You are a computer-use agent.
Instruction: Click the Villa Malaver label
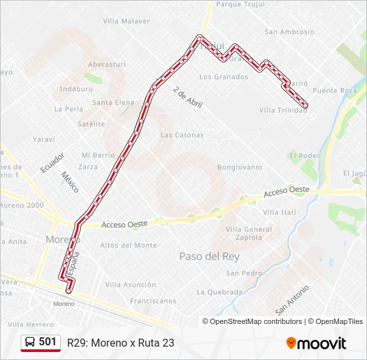(126, 21)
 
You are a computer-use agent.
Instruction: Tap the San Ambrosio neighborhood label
(289, 31)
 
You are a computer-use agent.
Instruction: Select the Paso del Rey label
(209, 256)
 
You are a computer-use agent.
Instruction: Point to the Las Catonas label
(182, 135)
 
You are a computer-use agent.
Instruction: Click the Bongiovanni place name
(240, 167)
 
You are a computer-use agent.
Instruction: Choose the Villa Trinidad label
(283, 110)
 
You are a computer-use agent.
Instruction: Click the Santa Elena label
(113, 103)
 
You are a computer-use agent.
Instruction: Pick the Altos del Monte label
(128, 245)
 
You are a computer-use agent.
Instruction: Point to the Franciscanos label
(153, 301)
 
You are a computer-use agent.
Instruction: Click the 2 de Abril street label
(188, 97)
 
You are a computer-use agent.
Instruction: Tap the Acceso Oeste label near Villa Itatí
(286, 191)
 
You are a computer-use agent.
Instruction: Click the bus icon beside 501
(30, 342)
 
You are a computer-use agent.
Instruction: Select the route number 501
(47, 342)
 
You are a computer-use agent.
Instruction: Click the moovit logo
(316, 343)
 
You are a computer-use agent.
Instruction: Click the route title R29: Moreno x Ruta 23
(120, 343)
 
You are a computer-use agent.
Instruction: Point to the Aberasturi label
(107, 64)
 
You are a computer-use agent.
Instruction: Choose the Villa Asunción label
(131, 285)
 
